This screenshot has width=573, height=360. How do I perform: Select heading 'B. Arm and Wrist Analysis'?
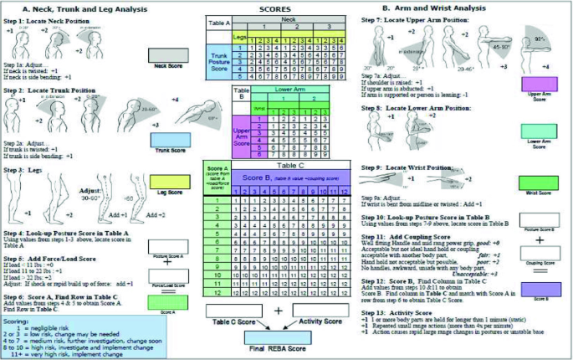[x=429, y=8]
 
